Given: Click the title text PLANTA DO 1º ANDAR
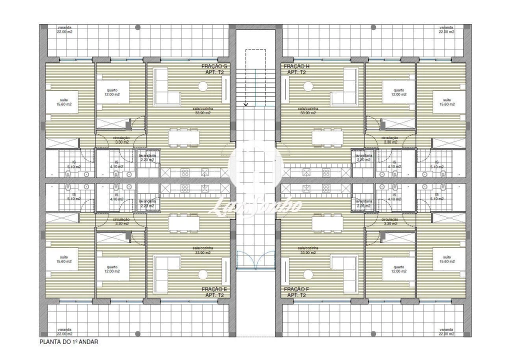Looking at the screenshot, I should point(69,342).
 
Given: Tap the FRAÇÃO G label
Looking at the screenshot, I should point(214,66).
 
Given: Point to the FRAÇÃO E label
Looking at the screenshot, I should point(214,289).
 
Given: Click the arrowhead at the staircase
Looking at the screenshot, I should point(246,104).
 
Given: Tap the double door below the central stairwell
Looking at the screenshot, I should point(255,260).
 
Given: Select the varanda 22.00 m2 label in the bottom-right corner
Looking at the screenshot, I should point(446,332).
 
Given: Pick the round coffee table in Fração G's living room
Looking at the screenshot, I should point(203,86).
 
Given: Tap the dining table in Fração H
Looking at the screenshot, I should point(328,137).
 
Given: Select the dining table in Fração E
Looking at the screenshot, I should point(183,223).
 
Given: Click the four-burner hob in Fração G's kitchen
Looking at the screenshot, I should point(184,172).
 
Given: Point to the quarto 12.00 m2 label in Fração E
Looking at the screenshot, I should point(112,269).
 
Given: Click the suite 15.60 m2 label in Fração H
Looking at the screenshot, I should point(447,102).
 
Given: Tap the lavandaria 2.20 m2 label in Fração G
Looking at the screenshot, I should point(147,157).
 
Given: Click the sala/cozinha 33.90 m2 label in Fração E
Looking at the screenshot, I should point(202,250).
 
